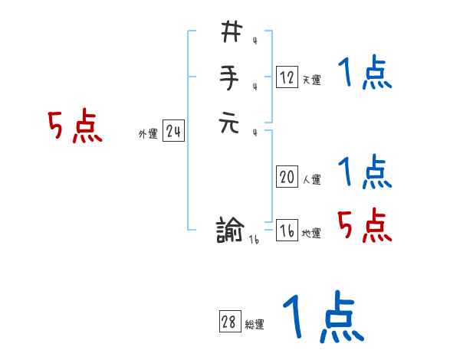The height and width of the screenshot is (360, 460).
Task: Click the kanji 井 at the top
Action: coord(231,32)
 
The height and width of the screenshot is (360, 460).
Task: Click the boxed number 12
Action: coord(287,77)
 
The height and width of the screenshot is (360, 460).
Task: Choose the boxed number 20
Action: coord(287,177)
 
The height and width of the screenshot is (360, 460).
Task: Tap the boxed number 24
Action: coord(173,132)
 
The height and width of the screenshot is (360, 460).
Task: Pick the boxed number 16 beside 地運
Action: coord(287,231)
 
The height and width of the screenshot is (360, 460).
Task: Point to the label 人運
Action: coord(311,180)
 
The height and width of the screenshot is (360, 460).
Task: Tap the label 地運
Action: coord(311,234)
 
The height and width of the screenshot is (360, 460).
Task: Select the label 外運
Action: coord(148,134)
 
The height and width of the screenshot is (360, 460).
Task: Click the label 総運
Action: coord(255,325)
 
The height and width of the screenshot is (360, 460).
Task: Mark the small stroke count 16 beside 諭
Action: coord(254,241)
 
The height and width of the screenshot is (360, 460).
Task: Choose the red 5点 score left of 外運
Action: coord(75,127)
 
